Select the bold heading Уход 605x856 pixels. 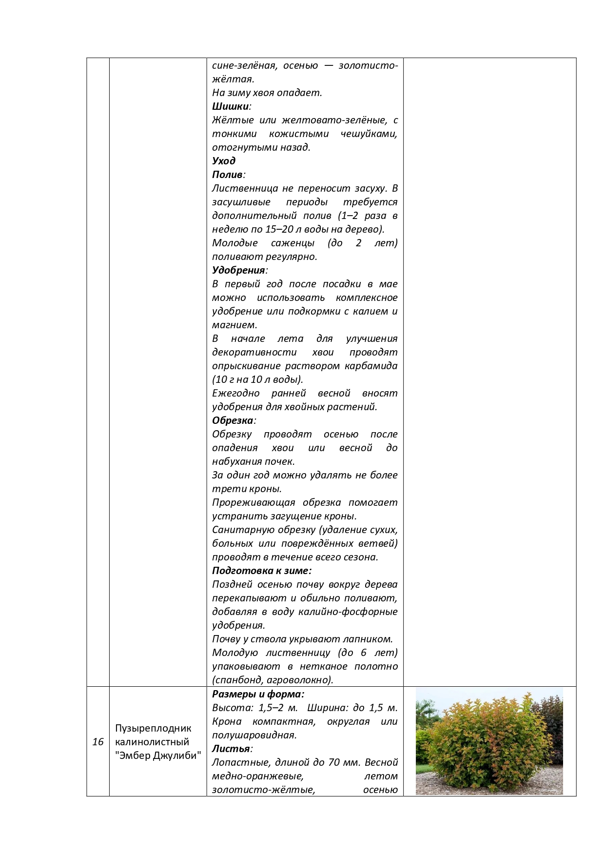coord(224,161)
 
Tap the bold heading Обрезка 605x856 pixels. coord(233,420)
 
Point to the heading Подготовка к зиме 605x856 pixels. coord(261,571)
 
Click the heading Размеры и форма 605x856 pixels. coord(258,694)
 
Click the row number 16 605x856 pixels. coord(98,742)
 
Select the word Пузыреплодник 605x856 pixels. coord(153,728)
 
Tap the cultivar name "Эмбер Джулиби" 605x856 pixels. coord(158,756)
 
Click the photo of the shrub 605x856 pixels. coord(489,741)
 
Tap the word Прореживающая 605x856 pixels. coord(254,502)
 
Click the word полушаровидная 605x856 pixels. coord(254,735)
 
